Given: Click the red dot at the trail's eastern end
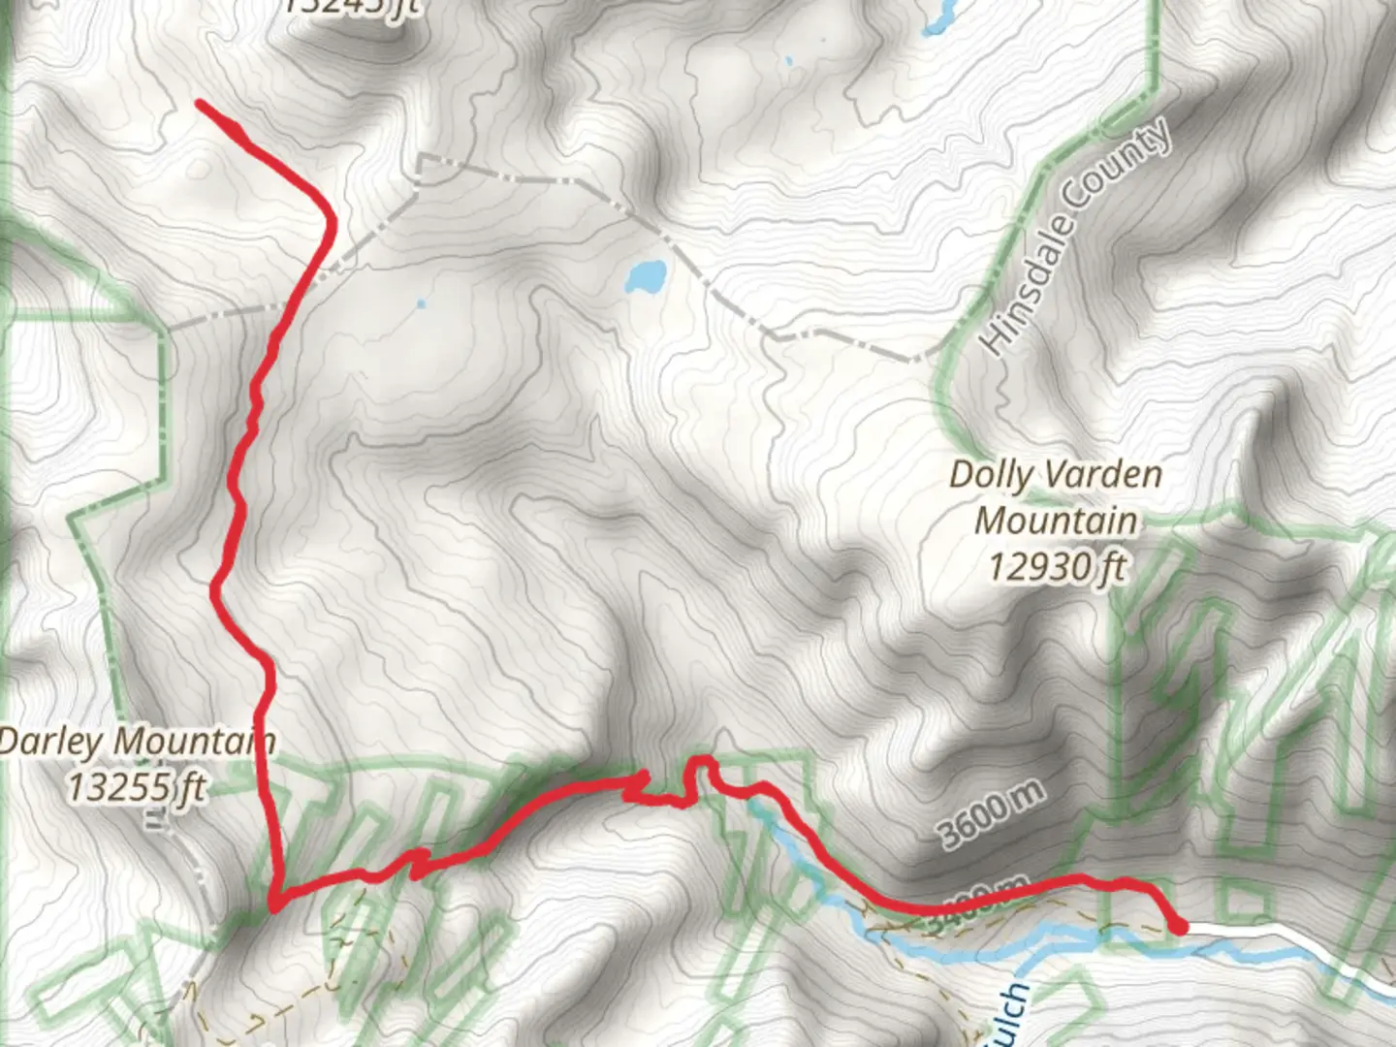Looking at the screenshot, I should pos(1179,927).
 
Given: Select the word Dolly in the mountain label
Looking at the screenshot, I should pos(991,475).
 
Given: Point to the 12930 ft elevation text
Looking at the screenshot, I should pos(1057,565).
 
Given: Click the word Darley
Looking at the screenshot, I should pos(49,743).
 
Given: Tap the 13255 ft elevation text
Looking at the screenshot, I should pos(136,787).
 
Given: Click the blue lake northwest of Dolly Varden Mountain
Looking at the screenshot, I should pos(646,276).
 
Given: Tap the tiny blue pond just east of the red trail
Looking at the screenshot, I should pos(421,304).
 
